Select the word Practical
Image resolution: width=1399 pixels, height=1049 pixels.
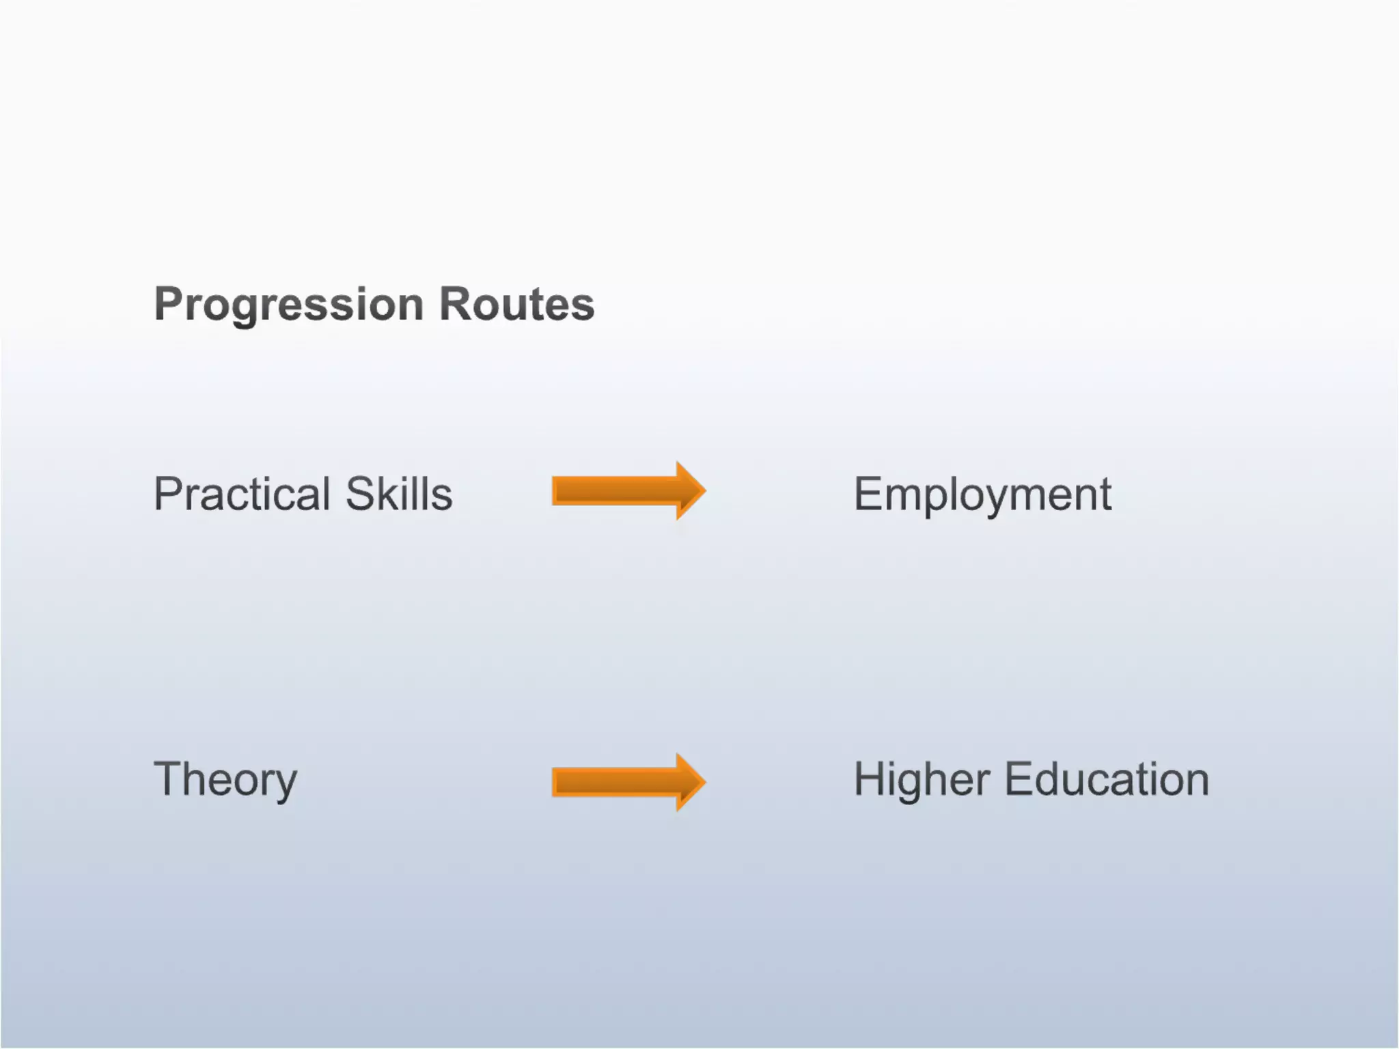click(x=242, y=494)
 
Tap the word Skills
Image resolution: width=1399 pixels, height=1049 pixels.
click(x=399, y=494)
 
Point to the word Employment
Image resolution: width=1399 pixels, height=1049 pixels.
click(x=982, y=495)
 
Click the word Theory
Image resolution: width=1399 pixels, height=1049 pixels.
click(x=225, y=780)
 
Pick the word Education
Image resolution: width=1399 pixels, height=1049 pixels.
click(x=1107, y=779)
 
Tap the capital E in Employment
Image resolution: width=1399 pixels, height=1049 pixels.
click(x=868, y=494)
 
